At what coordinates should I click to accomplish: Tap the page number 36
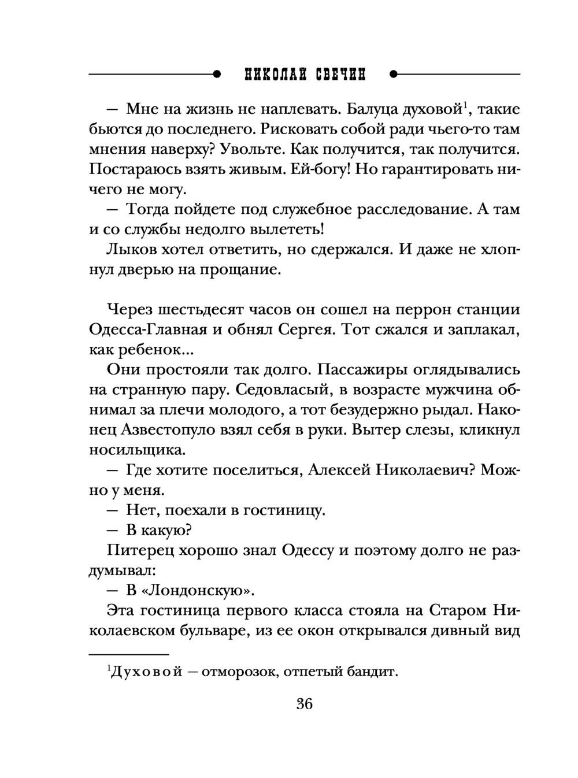point(304,704)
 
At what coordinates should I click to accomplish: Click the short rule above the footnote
point(128,654)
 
